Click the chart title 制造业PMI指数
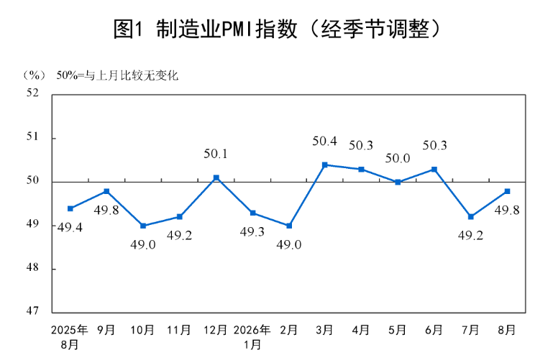(x=227, y=29)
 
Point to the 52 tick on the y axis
(x=32, y=93)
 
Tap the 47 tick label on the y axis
(x=32, y=310)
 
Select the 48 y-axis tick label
(x=32, y=267)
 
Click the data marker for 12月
(x=216, y=178)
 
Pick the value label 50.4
(x=324, y=142)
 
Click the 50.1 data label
(x=216, y=154)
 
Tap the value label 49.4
(x=70, y=228)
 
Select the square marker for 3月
(x=325, y=165)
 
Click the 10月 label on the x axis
(x=142, y=330)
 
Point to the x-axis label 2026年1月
(x=252, y=337)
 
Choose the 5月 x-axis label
(x=398, y=330)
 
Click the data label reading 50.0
(x=398, y=159)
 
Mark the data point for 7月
(x=471, y=216)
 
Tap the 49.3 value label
(x=252, y=232)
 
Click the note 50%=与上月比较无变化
(x=117, y=75)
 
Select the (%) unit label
(x=35, y=75)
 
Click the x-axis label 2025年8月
(x=70, y=337)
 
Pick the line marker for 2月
(x=289, y=226)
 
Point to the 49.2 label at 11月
(x=179, y=235)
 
